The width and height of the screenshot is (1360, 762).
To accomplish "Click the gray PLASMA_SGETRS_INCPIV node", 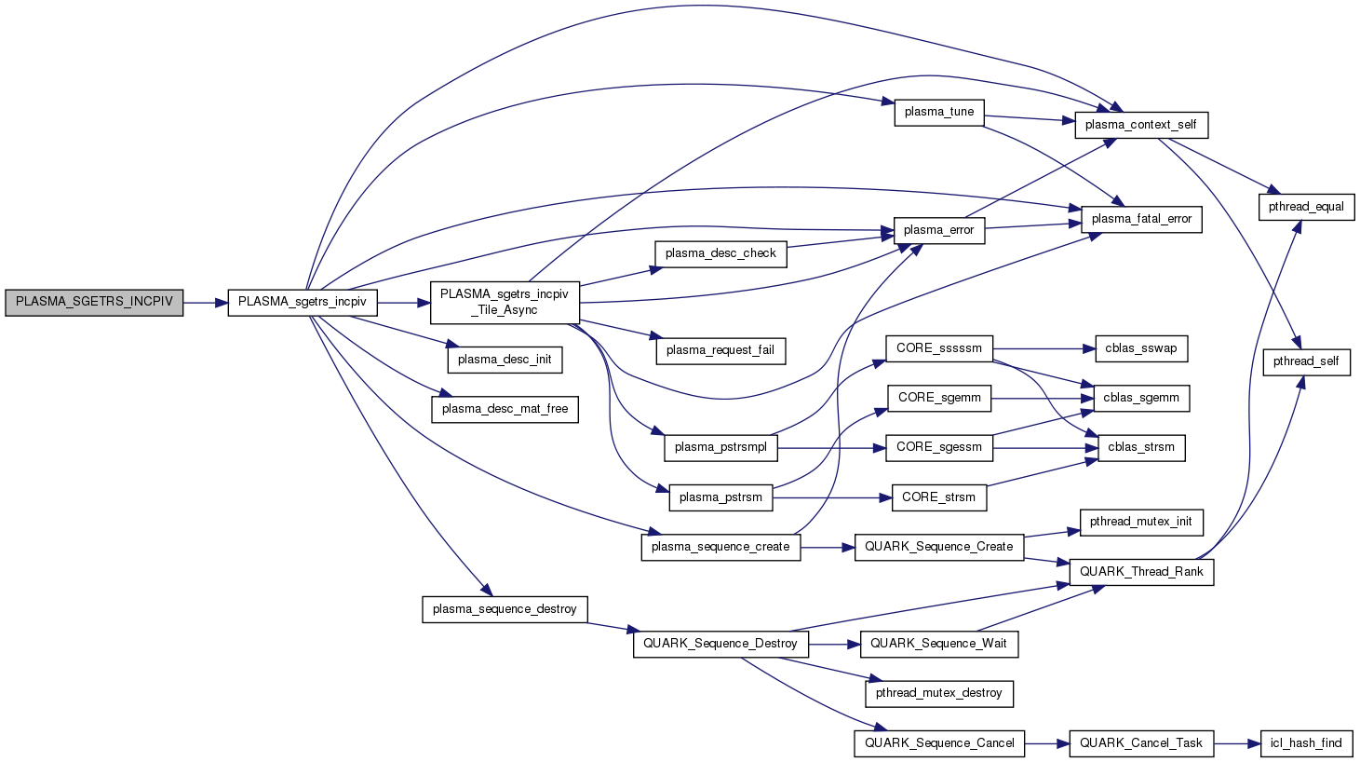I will coord(94,303).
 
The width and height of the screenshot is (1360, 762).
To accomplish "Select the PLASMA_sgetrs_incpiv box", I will coord(303,303).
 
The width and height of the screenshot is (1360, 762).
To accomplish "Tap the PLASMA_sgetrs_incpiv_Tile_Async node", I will coord(505,303).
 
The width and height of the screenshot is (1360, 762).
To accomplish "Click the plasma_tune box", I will coord(938,112).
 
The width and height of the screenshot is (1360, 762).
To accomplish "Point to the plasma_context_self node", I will coord(1141,125).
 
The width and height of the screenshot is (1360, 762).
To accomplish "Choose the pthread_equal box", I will coord(1306,207).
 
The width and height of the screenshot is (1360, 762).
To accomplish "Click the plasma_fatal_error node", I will coord(1141,219).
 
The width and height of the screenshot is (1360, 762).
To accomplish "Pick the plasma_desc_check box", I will coord(720,253).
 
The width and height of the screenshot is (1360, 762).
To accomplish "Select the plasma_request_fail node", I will coord(720,350).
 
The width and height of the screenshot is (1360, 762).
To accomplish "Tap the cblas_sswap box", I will coord(1141,348).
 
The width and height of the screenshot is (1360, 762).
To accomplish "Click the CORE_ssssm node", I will coord(939,348).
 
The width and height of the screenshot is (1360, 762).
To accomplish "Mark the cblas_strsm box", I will coord(1141,447).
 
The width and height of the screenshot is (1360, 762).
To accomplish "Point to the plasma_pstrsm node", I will coord(720,497).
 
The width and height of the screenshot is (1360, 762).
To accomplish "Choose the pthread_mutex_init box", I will coord(1141,522).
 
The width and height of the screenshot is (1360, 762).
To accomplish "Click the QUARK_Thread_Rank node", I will coord(1141,572).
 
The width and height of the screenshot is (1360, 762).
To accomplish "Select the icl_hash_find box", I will coord(1306,743).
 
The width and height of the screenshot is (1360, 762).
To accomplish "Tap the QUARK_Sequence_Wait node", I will coord(938,644).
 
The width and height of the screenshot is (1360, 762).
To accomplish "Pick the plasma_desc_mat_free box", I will coord(505,409).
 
